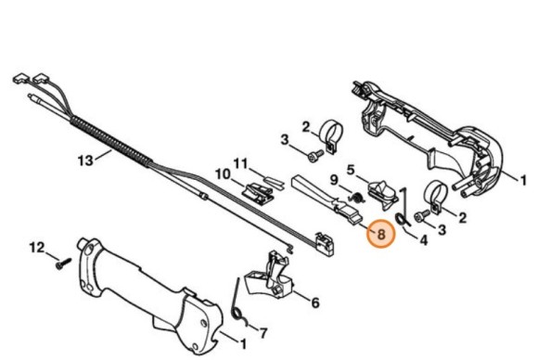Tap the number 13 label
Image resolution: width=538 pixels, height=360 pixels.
pyautogui.click(x=86, y=160)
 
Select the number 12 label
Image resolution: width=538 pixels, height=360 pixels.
pyautogui.click(x=38, y=247)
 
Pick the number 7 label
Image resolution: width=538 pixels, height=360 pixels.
pyautogui.click(x=262, y=331)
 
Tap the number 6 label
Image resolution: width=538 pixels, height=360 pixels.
pyautogui.click(x=314, y=302)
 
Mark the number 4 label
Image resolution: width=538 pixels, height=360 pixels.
pyautogui.click(x=424, y=241)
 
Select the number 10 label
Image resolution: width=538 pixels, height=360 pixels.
pyautogui.click(x=223, y=174)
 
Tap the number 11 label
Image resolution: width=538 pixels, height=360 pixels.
pyautogui.click(x=240, y=163)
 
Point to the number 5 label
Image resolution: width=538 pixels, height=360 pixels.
pyautogui.click(x=352, y=169)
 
